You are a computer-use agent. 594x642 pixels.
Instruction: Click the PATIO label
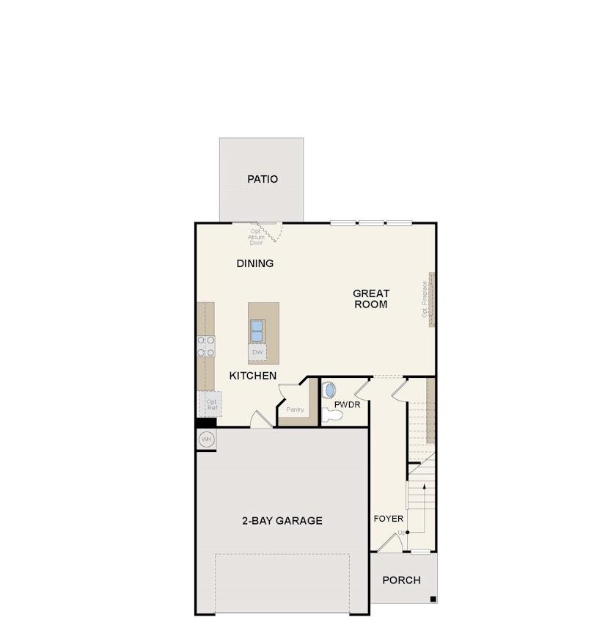[263, 179]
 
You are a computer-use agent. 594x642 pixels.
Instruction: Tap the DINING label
[255, 263]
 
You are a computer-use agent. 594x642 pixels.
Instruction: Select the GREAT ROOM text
[371, 299]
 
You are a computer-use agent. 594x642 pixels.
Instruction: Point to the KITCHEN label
[253, 376]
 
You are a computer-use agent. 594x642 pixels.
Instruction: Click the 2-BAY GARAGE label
[282, 521]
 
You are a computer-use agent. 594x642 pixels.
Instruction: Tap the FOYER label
[389, 519]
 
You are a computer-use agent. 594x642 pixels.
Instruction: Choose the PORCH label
[402, 580]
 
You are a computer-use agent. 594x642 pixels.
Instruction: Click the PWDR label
[347, 404]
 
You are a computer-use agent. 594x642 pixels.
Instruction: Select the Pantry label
[295, 409]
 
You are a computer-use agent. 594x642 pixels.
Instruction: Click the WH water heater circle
[206, 439]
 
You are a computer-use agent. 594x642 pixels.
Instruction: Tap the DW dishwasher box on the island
[257, 353]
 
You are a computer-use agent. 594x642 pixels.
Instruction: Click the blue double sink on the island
[257, 331]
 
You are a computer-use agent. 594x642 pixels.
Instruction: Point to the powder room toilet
[332, 415]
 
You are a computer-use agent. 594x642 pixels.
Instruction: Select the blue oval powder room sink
[329, 390]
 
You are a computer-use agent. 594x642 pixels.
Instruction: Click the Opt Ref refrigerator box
[211, 404]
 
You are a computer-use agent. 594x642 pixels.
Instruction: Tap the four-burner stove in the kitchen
[206, 346]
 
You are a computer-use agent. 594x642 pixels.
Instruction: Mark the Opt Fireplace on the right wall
[431, 299]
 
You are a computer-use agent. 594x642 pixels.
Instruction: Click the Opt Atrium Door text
[256, 237]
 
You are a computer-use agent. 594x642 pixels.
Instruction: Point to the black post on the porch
[433, 599]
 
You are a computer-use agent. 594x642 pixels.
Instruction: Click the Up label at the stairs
[400, 533]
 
